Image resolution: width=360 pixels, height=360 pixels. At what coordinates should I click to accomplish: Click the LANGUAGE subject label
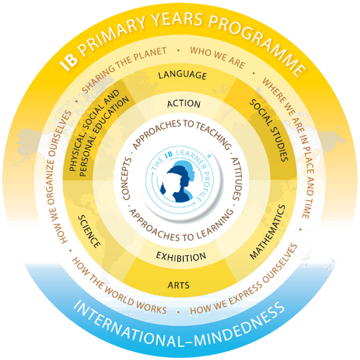point(182,75)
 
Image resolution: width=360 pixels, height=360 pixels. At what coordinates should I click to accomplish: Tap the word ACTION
point(184,103)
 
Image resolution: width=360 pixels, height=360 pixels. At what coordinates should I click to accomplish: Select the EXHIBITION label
point(181,257)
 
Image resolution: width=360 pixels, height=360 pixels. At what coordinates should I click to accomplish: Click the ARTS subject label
point(179,285)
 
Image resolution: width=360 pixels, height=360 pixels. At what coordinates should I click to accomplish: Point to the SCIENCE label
point(89,231)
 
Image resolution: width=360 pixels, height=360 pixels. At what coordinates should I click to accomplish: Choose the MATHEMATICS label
point(268,232)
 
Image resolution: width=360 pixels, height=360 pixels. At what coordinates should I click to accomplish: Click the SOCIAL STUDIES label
point(269,130)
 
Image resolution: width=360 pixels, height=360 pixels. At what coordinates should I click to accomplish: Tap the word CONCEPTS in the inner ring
point(127,179)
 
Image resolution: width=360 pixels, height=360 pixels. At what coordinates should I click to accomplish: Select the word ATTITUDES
point(236,179)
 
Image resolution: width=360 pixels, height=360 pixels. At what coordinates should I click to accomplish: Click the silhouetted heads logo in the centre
point(180,181)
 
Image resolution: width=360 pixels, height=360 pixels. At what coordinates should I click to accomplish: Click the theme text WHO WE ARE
point(217,57)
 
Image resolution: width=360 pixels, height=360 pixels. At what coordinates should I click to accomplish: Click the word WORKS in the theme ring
point(151,307)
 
